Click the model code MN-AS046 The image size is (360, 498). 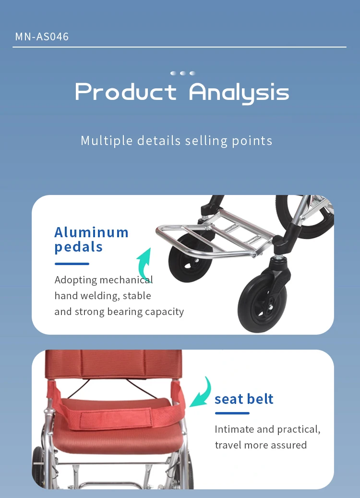[42, 36]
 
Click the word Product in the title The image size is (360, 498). [126, 92]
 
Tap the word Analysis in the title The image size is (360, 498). [239, 93]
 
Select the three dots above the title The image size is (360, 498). [182, 73]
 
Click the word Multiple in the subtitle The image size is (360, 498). [107, 141]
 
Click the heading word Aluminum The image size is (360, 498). [91, 232]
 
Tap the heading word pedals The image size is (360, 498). [78, 247]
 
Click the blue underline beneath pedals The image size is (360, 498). [72, 264]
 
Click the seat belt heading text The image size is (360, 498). [244, 399]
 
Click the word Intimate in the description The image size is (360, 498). [234, 429]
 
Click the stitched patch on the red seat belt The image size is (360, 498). [115, 419]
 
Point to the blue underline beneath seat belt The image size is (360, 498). [232, 413]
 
